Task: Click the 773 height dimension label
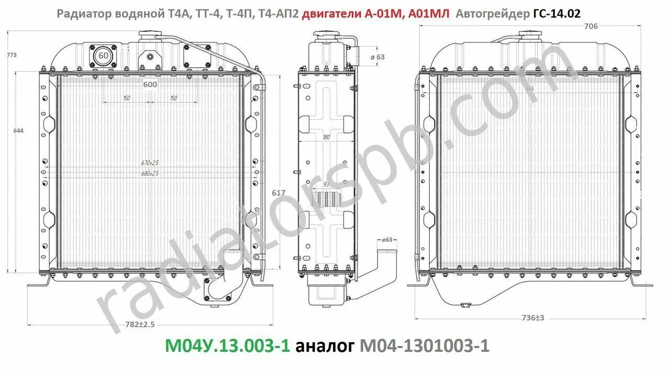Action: (x=11, y=55)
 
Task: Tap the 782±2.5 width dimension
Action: (x=140, y=325)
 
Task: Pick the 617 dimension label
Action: (x=278, y=193)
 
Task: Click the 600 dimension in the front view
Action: (x=149, y=84)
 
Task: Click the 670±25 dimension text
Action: (x=149, y=162)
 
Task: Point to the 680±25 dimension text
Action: (x=149, y=173)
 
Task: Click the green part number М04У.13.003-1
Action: (x=227, y=346)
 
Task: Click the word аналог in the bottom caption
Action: (x=325, y=346)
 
